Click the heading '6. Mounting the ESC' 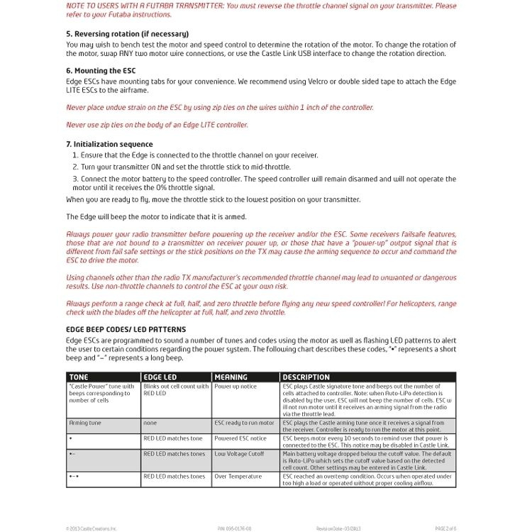coord(101,71)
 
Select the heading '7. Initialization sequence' coord(109,144)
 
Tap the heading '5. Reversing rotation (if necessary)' coord(127,34)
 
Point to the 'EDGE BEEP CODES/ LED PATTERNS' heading coord(126,329)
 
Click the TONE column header coord(79,377)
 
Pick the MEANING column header coord(231,377)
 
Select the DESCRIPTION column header coord(306,377)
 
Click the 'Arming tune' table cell coord(85,423)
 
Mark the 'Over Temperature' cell coord(238,477)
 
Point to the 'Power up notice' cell coord(236,387)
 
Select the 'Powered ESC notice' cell coord(240,438)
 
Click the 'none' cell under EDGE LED coord(150,423)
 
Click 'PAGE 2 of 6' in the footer coord(445,528)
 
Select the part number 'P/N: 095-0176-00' coord(234,528)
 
